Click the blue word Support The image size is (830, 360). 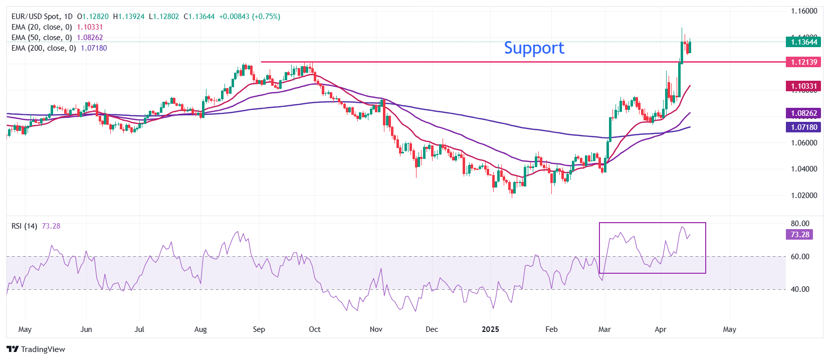pos(534,48)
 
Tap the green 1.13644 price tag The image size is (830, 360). pos(803,42)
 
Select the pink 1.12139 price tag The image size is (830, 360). pos(803,62)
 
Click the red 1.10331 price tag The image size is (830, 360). pos(803,86)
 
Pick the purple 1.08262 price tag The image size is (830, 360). pos(803,113)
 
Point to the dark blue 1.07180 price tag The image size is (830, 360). pos(803,127)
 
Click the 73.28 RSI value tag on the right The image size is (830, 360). pos(800,235)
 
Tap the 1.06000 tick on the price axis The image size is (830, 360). pos(804,143)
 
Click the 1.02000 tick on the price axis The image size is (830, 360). pos(804,196)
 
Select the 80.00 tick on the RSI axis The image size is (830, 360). pos(800,224)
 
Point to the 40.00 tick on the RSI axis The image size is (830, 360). pos(800,289)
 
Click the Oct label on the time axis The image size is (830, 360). pos(315,329)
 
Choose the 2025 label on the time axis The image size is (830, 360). pos(490,329)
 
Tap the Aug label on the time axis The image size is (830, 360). pos(200,329)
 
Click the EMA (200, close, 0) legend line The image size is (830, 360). pos(44,48)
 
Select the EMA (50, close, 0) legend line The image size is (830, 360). pos(42,38)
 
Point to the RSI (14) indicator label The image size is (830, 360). pos(24,226)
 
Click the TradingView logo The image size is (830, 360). pos(36,349)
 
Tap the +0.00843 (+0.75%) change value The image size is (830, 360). pos(250,17)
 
